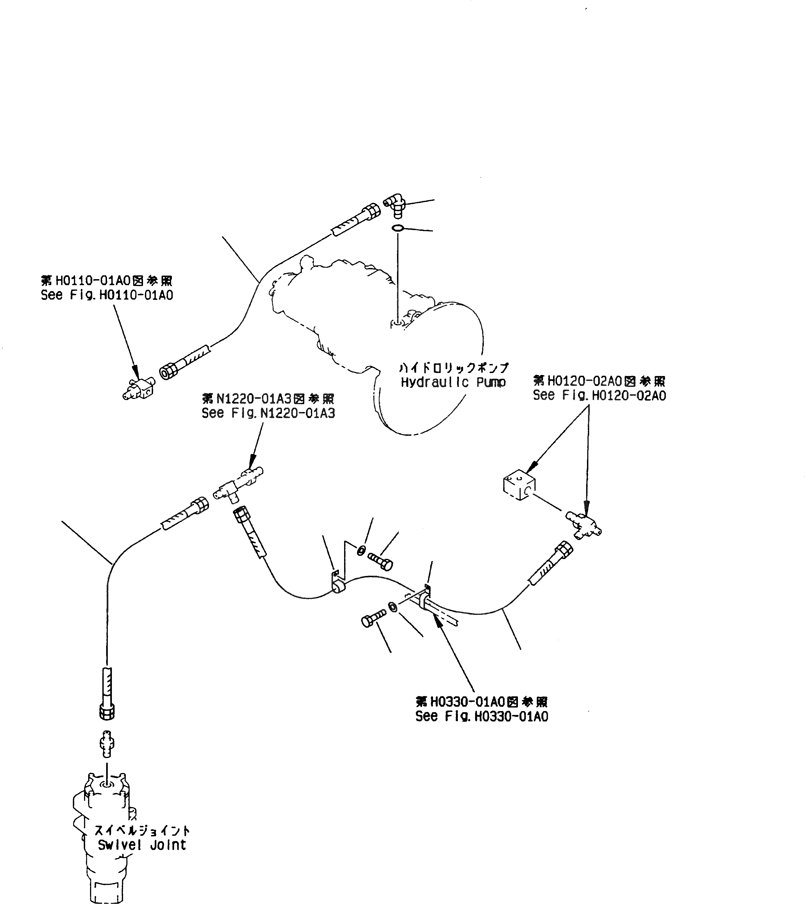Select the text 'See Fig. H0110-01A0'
click(107, 295)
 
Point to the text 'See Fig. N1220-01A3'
click(268, 413)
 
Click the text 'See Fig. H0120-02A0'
click(599, 395)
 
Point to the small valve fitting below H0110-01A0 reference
click(138, 388)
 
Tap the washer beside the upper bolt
click(361, 550)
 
